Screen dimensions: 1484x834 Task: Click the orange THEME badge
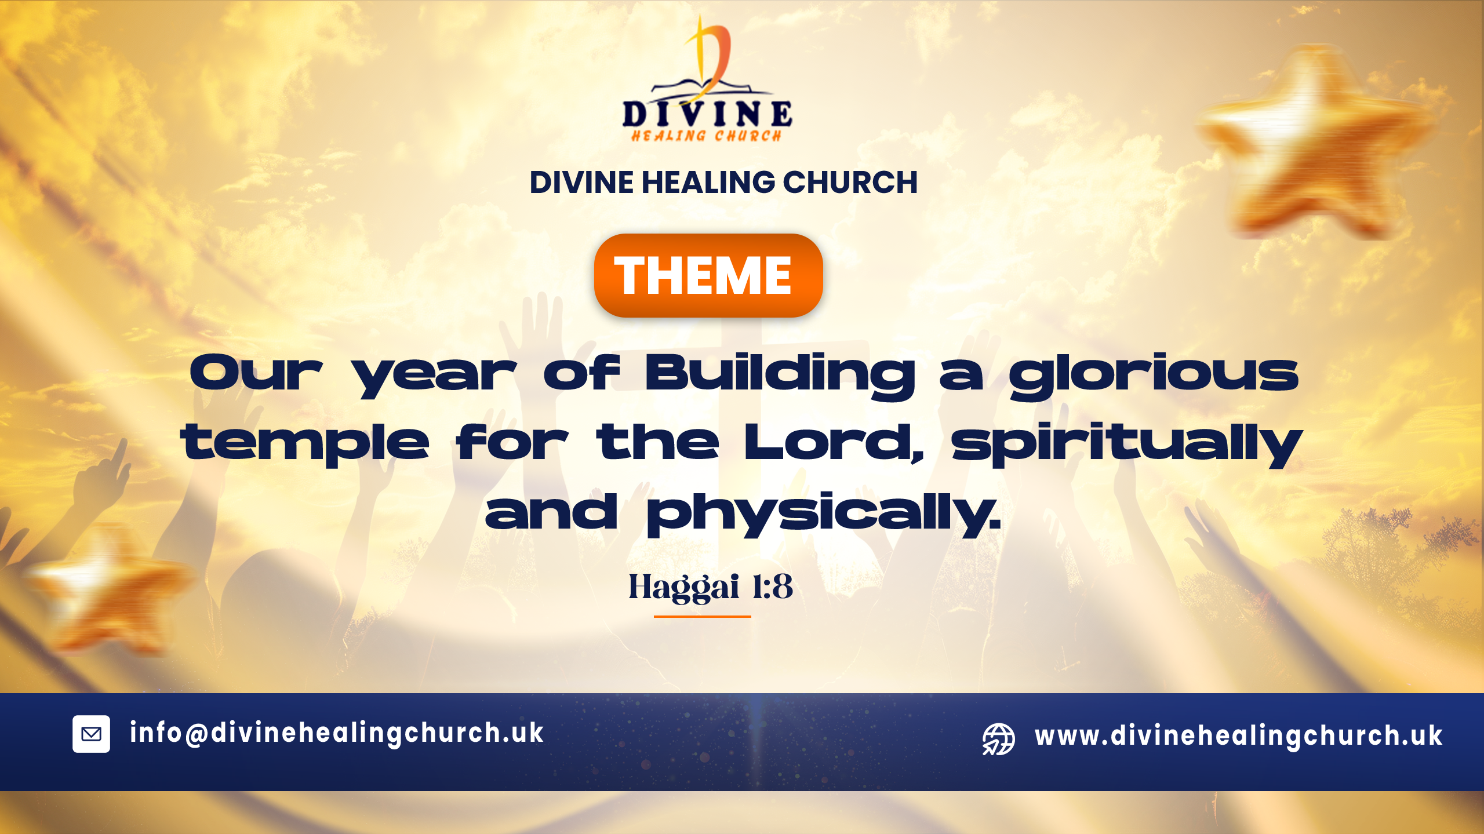[708, 275]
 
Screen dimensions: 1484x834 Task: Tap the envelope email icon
[91, 734]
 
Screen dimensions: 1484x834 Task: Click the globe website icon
[998, 739]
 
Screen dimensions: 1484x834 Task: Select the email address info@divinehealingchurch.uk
[337, 733]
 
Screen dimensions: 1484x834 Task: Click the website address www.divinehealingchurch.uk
[1238, 736]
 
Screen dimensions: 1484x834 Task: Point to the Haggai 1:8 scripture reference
[711, 587]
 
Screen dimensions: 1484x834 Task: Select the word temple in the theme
[305, 444]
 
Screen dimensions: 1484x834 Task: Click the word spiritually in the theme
[1127, 444]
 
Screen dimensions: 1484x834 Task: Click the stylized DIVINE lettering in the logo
[707, 114]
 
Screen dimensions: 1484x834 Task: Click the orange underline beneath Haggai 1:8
[703, 617]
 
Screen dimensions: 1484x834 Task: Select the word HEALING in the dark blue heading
[708, 183]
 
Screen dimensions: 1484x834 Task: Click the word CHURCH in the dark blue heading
[850, 183]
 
